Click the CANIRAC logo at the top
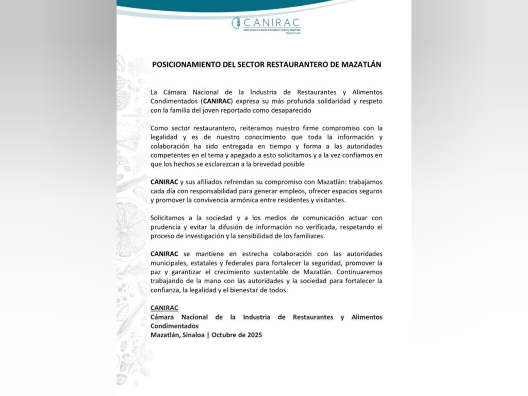pyautogui.click(x=267, y=24)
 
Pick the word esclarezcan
pyautogui.click(x=233, y=164)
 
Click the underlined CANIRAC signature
pyautogui.click(x=164, y=308)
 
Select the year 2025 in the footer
pyautogui.click(x=254, y=335)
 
